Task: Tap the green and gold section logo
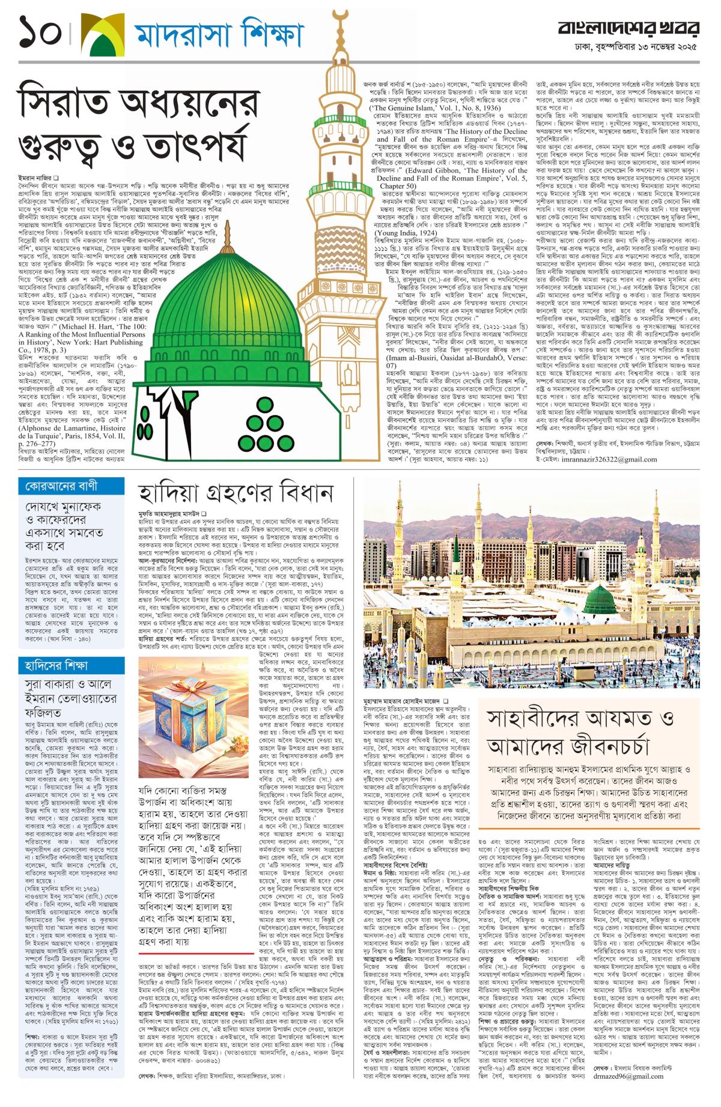(x=103, y=34)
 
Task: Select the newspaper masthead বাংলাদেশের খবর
(x=628, y=28)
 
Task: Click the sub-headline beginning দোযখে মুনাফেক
(x=64, y=526)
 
